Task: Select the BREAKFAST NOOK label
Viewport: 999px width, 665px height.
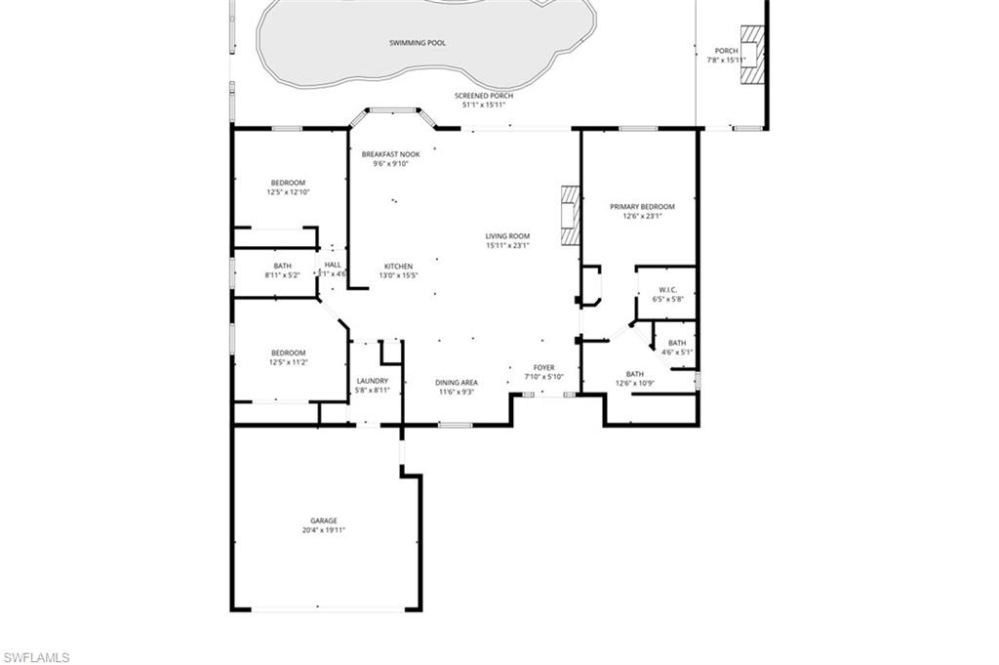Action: (x=390, y=154)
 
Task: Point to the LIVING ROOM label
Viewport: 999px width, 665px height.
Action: (x=507, y=235)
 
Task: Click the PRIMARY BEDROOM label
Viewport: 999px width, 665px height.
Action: (x=642, y=206)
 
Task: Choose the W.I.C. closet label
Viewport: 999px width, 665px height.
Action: (x=668, y=289)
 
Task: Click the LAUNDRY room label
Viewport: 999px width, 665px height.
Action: (x=373, y=381)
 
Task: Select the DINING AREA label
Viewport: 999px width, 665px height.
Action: (x=456, y=382)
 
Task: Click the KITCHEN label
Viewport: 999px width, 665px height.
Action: (x=398, y=266)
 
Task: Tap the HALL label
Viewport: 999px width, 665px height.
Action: (x=333, y=265)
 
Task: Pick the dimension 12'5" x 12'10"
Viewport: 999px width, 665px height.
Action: (x=288, y=192)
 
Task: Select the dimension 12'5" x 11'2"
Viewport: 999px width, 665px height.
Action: (x=288, y=362)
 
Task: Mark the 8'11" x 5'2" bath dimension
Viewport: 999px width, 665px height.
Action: (x=282, y=275)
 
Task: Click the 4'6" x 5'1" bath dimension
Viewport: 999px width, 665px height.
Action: (x=677, y=352)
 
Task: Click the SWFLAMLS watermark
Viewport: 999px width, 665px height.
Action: (x=36, y=656)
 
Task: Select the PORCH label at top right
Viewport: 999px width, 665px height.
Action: (x=727, y=51)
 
